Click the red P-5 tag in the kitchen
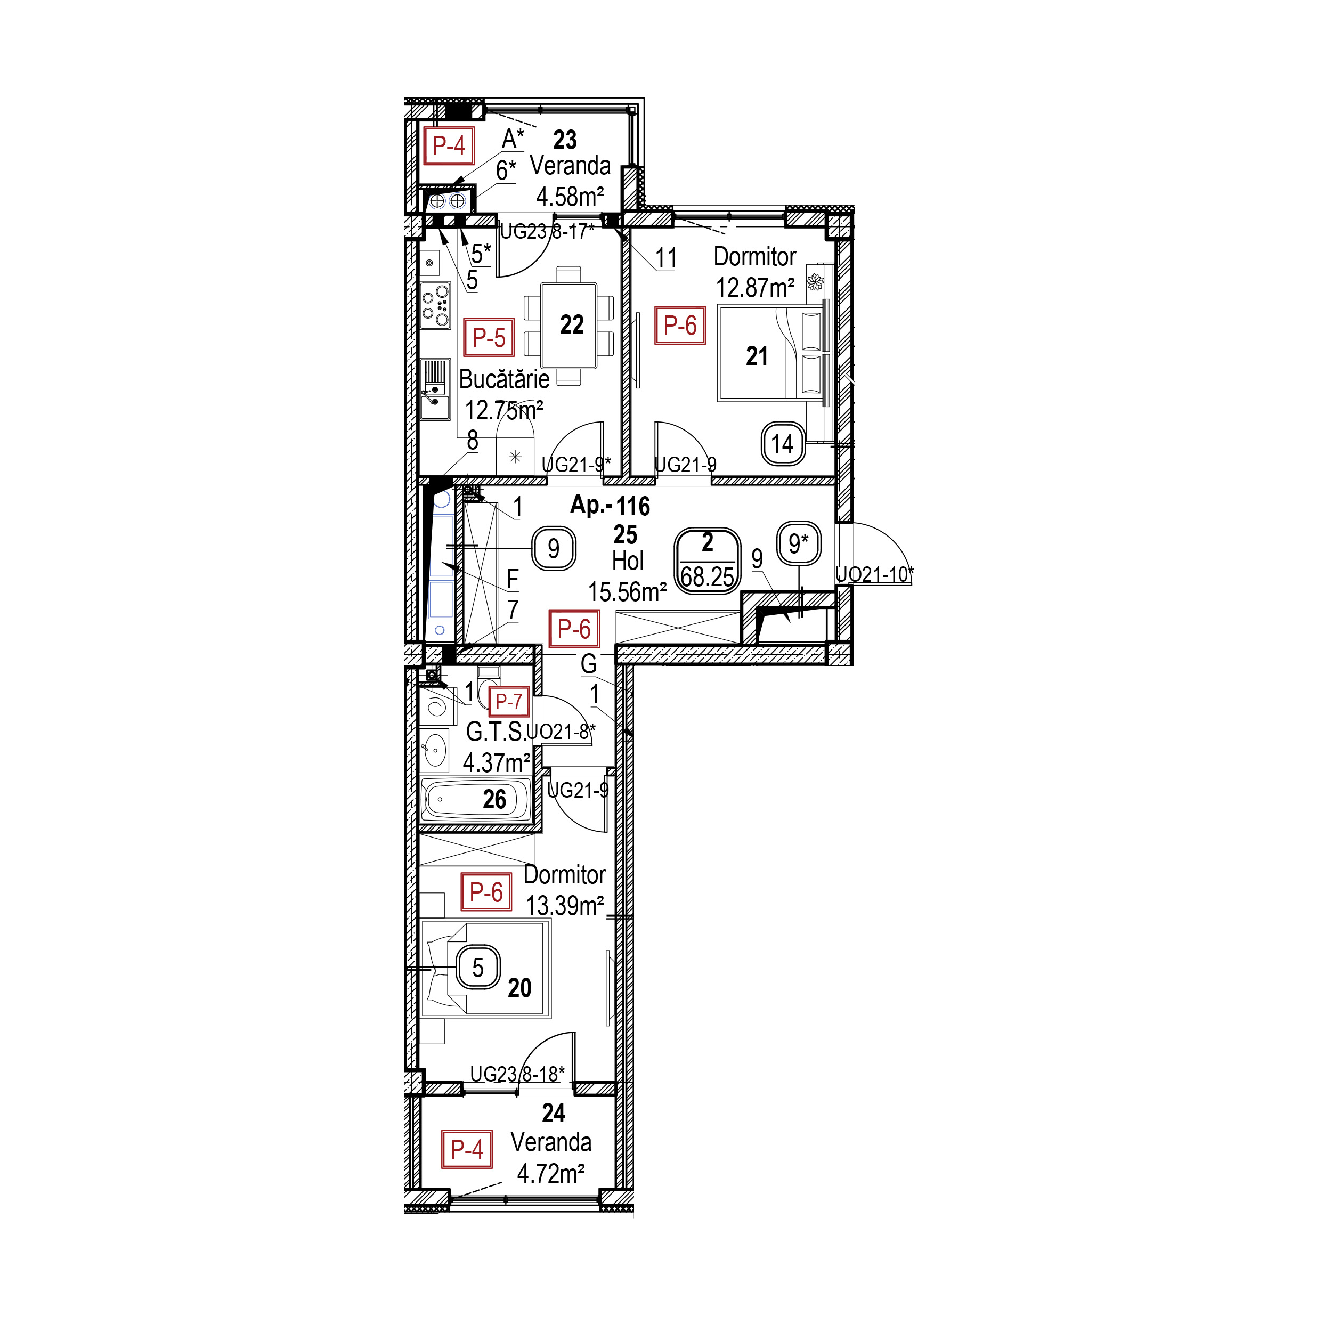tap(488, 338)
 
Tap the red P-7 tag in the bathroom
tap(509, 701)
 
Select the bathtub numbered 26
tap(476, 800)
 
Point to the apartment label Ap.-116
tap(610, 506)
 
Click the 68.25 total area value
tap(708, 577)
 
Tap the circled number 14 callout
tap(783, 444)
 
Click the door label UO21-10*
tap(874, 574)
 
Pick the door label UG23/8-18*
tap(517, 1074)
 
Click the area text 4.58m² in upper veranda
tap(570, 197)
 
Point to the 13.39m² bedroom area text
tap(565, 906)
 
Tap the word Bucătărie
tap(504, 379)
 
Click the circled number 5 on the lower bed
tap(478, 968)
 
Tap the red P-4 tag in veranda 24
tap(467, 1149)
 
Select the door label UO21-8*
tap(561, 732)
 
